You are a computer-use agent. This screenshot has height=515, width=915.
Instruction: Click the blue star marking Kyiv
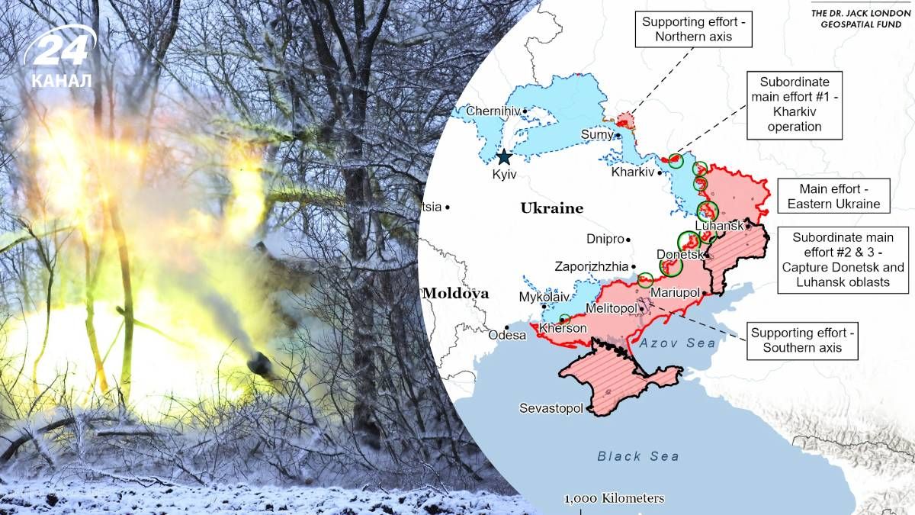504,157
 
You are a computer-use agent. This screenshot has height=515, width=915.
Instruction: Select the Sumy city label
597,135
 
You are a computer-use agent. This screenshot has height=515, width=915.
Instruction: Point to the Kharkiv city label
633,172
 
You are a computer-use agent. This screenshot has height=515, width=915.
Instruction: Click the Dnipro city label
605,239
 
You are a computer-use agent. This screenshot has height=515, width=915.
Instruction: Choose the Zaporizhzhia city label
592,267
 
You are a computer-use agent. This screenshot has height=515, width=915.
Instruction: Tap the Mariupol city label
675,292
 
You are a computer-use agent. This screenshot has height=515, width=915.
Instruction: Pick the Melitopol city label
611,307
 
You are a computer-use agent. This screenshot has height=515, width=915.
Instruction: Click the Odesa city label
508,335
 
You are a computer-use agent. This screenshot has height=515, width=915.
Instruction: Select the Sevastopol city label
551,408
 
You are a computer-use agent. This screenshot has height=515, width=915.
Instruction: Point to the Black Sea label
638,456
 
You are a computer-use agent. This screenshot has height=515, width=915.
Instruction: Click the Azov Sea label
678,343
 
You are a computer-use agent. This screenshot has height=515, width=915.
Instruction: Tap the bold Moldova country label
455,293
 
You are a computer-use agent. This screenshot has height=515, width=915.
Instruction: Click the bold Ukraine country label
551,208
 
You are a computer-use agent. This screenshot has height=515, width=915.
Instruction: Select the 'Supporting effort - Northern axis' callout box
692,29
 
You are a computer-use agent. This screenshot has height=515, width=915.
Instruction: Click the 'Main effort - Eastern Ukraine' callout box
833,196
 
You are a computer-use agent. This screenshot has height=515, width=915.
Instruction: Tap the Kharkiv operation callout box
794,105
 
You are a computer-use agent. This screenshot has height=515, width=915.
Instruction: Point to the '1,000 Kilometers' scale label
614,499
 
